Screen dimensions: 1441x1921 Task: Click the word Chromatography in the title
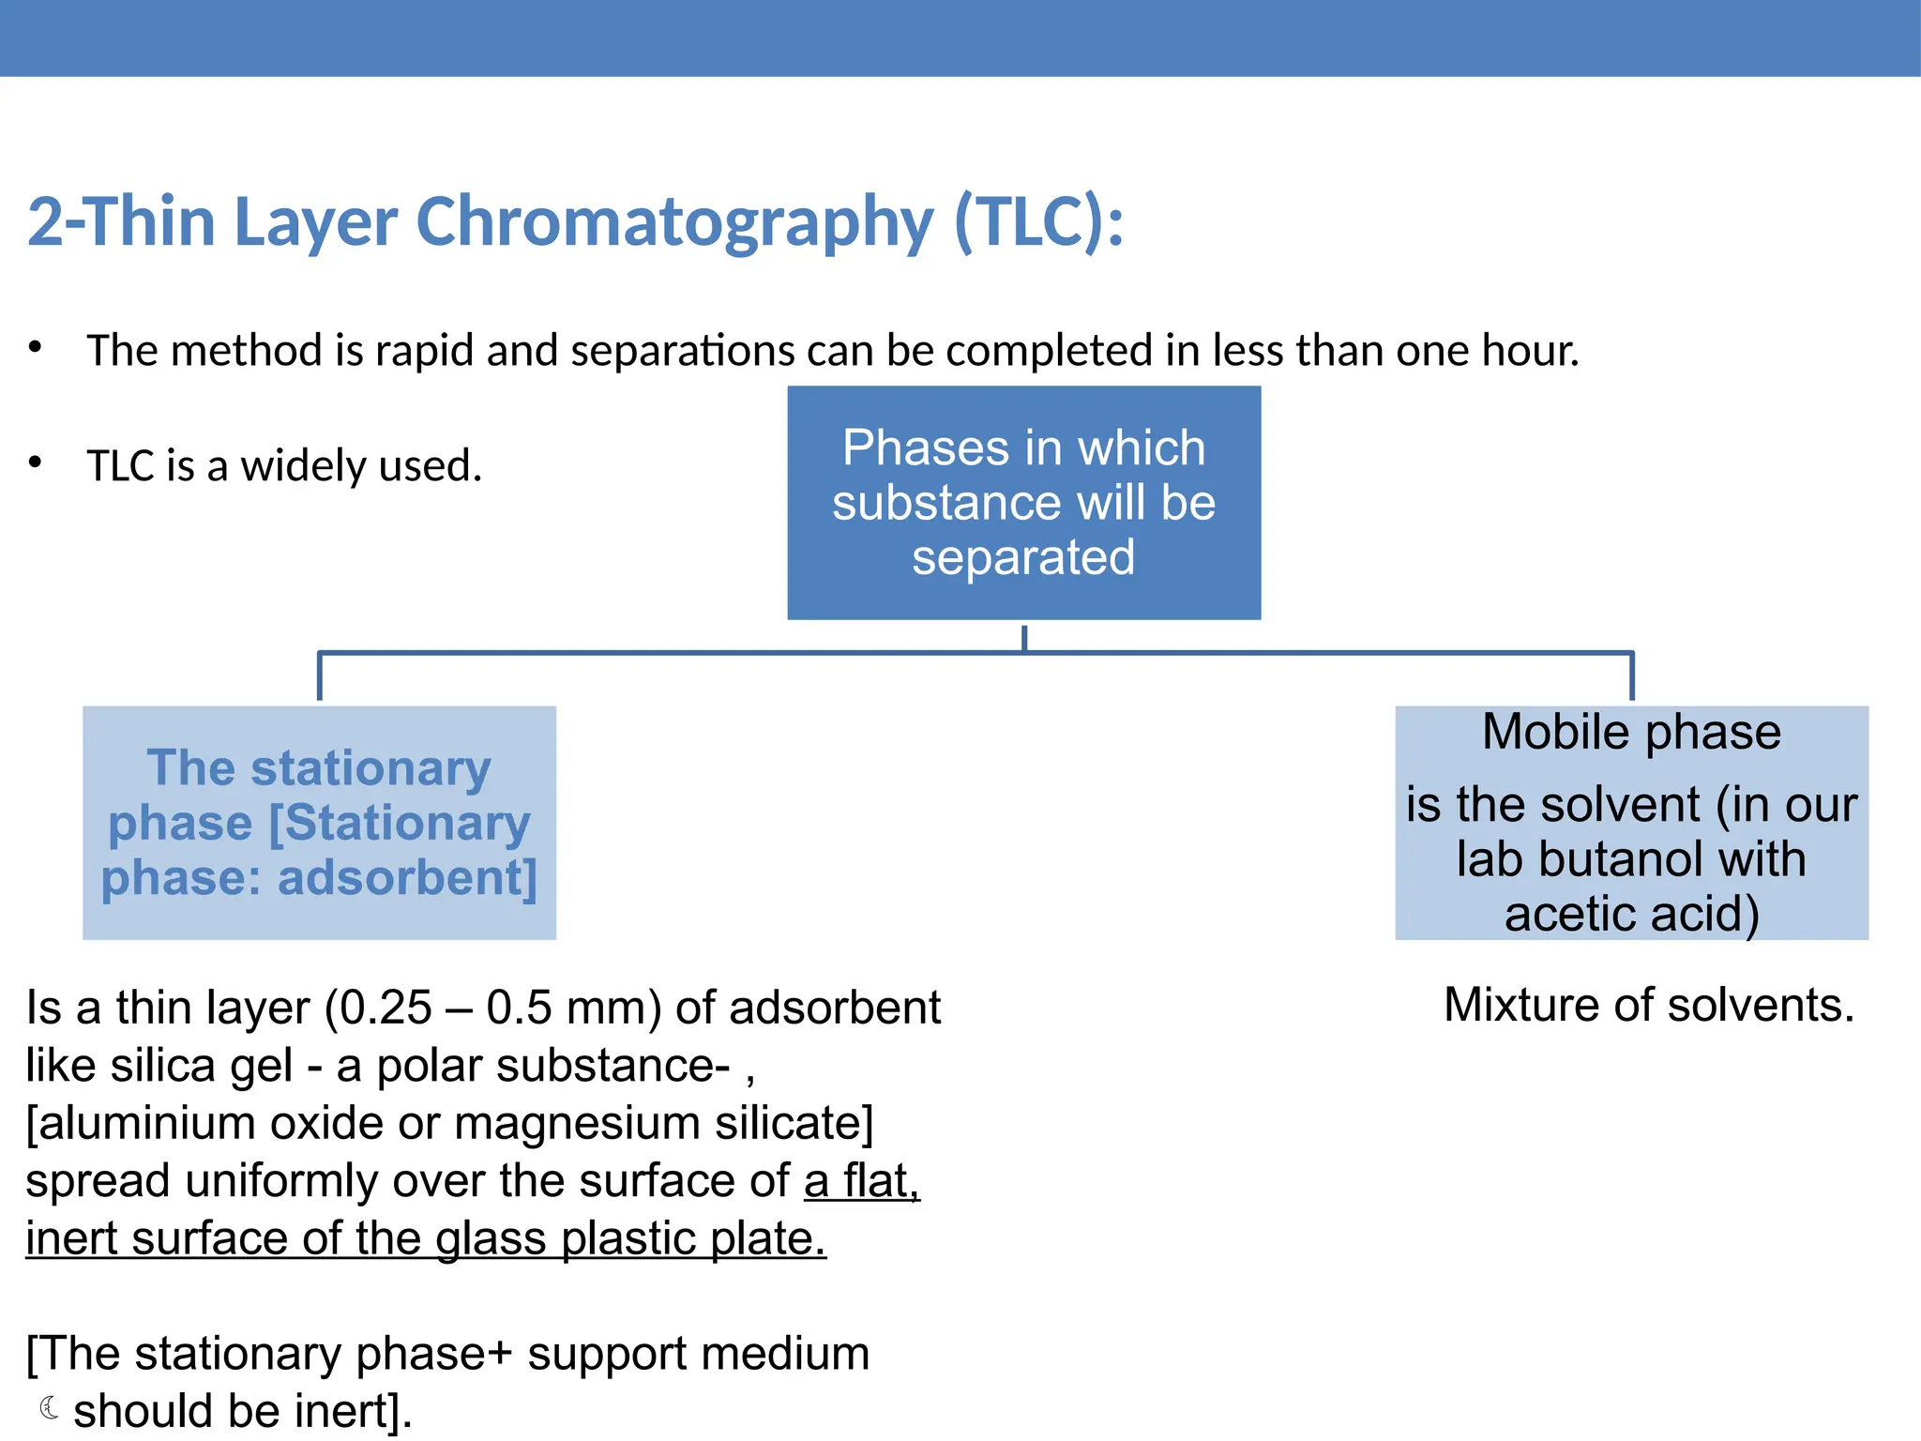coord(673,223)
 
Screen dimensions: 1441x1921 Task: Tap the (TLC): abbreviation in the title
coord(1038,223)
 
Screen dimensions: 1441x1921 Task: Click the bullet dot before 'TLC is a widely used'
coord(36,463)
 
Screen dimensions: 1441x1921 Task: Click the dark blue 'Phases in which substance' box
coord(1023,502)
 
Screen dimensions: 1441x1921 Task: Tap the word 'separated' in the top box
coord(1023,557)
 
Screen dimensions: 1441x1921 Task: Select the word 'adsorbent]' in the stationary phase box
coord(407,878)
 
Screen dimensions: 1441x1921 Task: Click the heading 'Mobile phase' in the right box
coord(1631,732)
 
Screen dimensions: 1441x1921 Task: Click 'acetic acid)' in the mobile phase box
coord(1631,914)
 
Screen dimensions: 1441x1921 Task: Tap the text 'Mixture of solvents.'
coord(1649,1005)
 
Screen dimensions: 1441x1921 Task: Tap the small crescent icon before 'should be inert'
coord(50,1408)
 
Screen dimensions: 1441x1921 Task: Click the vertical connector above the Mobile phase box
coord(1632,675)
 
